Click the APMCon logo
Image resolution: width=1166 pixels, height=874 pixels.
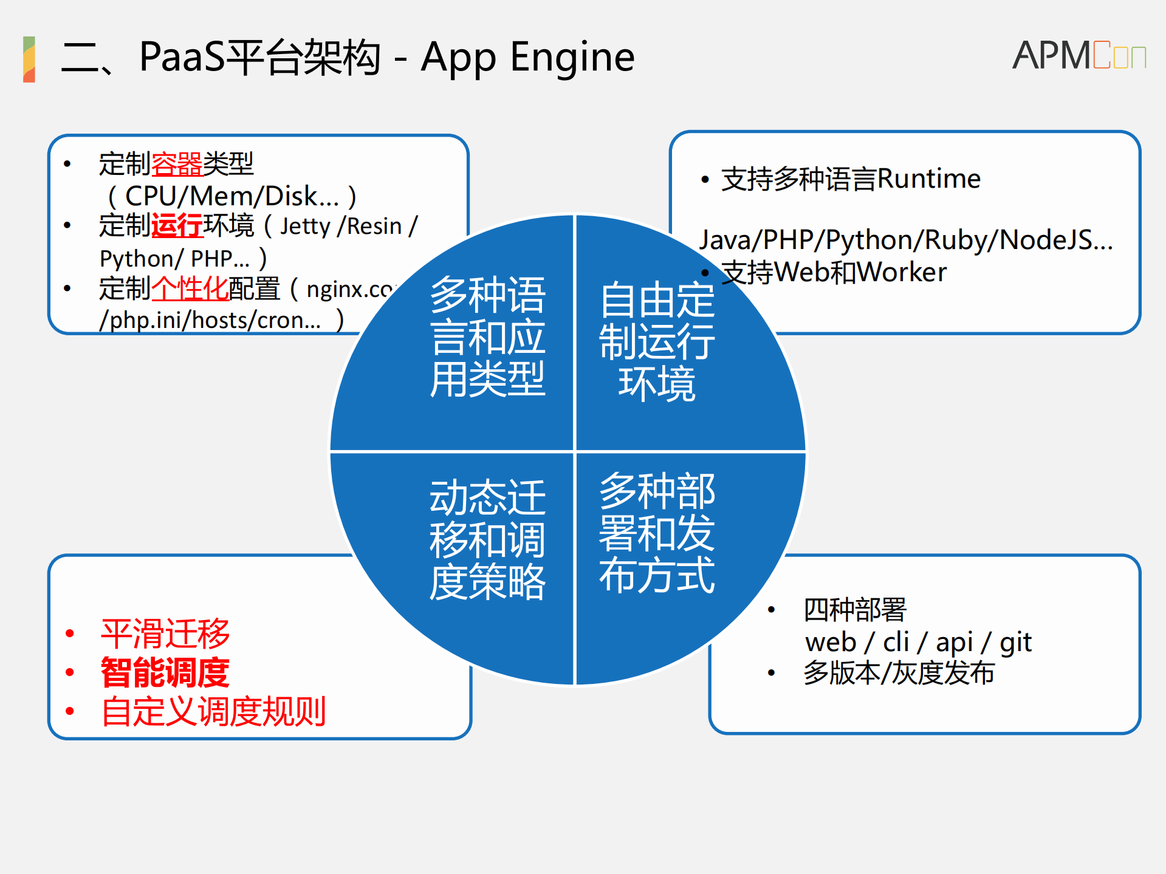(1079, 55)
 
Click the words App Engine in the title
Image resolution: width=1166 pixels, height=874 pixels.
(527, 57)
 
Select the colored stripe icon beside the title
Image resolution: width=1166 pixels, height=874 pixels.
(29, 59)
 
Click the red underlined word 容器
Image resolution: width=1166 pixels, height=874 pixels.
(176, 164)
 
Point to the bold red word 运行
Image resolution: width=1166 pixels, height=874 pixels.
(176, 225)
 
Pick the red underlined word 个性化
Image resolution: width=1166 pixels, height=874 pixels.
(190, 288)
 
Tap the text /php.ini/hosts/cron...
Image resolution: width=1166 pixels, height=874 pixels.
(210, 320)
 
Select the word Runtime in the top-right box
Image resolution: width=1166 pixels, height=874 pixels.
(928, 179)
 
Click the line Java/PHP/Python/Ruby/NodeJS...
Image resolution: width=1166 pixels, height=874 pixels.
(905, 240)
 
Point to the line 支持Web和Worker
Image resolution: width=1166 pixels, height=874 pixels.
(833, 272)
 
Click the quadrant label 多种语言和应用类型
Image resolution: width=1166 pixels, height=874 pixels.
(487, 336)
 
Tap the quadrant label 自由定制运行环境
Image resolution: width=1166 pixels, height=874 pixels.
(657, 341)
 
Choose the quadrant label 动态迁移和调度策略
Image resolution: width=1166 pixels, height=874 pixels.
(487, 539)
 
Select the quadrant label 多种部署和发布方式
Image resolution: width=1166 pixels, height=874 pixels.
(657, 533)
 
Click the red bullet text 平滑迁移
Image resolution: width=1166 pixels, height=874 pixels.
(165, 633)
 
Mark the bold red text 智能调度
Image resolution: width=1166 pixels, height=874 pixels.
(165, 672)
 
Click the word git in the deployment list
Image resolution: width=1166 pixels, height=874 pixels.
(1015, 643)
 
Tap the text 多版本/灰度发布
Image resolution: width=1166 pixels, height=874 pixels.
(899, 673)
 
